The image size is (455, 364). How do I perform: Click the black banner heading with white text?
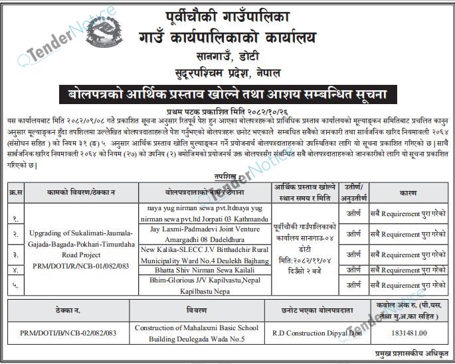pos(227,94)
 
